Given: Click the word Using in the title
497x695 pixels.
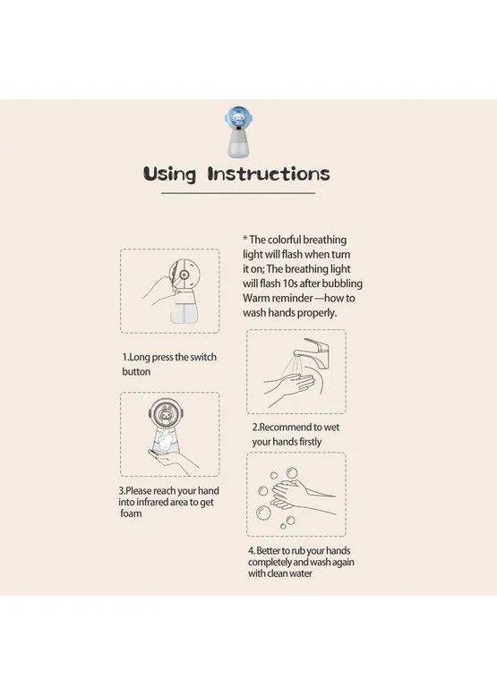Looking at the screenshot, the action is tap(169, 174).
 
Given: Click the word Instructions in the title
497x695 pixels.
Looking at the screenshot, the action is tap(269, 174).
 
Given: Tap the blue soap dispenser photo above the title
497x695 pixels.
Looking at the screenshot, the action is tap(239, 131).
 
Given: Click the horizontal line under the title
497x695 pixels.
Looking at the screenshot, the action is tap(238, 193).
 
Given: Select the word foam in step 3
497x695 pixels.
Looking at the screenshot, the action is tap(131, 513).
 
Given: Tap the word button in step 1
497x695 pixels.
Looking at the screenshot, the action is tap(136, 371).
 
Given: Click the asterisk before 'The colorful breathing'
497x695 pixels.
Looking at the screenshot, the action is tap(245, 239).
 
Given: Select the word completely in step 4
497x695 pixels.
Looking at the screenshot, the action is tap(270, 562).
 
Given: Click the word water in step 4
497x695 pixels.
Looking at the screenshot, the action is tap(301, 573).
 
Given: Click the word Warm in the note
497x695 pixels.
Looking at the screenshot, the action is tap(256, 298).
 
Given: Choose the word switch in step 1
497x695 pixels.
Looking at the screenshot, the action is tap(203, 357).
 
